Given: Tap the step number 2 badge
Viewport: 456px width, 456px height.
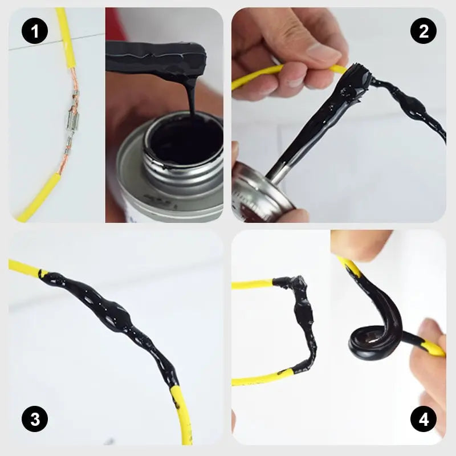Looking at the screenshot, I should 423,31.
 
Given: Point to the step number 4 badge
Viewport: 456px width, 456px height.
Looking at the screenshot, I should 423,421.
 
